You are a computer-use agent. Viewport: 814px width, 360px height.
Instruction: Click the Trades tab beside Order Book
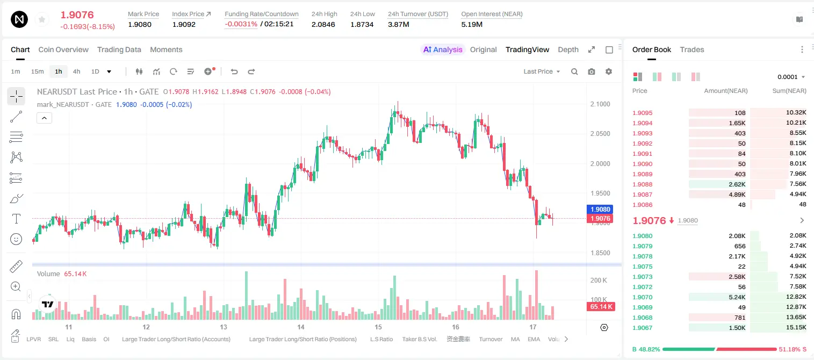pos(691,49)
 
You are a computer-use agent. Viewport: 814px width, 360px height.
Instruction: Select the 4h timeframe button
pos(76,71)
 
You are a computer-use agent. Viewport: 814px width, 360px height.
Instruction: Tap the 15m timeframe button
pos(38,71)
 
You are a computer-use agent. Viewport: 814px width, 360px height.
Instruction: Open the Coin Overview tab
pos(63,49)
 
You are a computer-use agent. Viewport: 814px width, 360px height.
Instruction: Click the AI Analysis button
pos(443,49)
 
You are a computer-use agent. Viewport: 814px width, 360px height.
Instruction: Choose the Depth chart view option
pos(568,49)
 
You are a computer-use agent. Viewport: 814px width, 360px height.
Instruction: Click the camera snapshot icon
pos(592,71)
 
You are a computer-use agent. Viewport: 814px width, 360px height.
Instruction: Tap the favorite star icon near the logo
pos(42,20)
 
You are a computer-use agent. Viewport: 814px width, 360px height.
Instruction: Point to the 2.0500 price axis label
pos(600,134)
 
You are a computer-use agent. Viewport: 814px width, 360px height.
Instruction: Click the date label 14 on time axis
pos(300,327)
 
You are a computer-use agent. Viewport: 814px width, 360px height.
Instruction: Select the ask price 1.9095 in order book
pos(642,113)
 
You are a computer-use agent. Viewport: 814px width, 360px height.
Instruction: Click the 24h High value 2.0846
pos(323,24)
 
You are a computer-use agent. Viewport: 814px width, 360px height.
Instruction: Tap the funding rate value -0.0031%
pos(241,24)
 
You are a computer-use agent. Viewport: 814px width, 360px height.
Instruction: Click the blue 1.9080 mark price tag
pos(600,209)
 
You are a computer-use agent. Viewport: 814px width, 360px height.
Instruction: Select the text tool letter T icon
pos(16,219)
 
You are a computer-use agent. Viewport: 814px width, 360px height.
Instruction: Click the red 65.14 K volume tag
pos(601,307)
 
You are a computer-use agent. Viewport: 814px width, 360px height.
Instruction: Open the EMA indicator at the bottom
pos(534,339)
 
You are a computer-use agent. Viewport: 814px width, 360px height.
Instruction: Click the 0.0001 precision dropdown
pos(791,77)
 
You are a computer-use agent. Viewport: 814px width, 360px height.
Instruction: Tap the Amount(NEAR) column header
pos(726,91)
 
